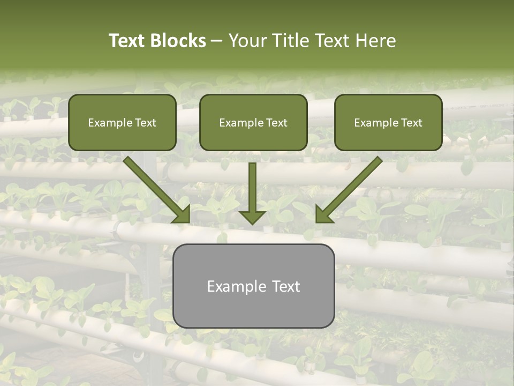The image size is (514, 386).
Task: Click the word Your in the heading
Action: [x=246, y=41]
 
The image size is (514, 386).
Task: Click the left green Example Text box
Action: [x=122, y=122]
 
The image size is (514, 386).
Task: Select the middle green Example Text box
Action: [x=253, y=122]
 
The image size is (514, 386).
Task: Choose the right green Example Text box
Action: [x=388, y=122]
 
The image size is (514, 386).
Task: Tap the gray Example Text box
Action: [x=254, y=286]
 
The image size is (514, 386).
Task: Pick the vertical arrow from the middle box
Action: [x=252, y=190]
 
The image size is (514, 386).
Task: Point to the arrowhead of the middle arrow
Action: [x=252, y=217]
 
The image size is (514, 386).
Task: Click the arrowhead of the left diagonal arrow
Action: [x=183, y=215]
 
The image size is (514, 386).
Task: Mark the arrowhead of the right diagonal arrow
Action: [x=323, y=215]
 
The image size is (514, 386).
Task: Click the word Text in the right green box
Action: [x=411, y=123]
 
